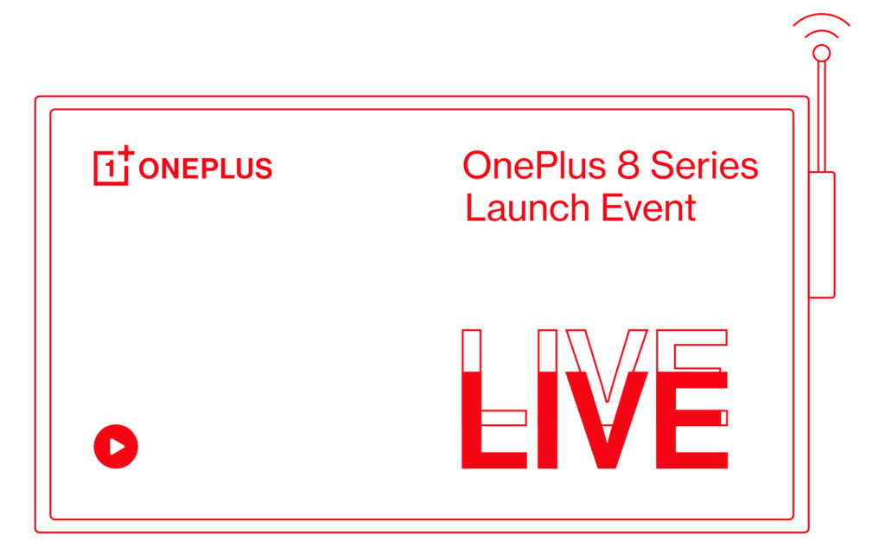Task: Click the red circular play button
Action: (x=116, y=447)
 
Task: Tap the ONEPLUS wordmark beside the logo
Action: (x=206, y=169)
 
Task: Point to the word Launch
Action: (x=527, y=208)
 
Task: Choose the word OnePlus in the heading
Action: (x=530, y=165)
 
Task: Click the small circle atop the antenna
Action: (x=821, y=54)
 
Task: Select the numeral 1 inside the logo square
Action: (x=110, y=170)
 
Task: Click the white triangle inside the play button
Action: (x=118, y=447)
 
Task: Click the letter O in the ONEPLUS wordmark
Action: (x=148, y=169)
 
